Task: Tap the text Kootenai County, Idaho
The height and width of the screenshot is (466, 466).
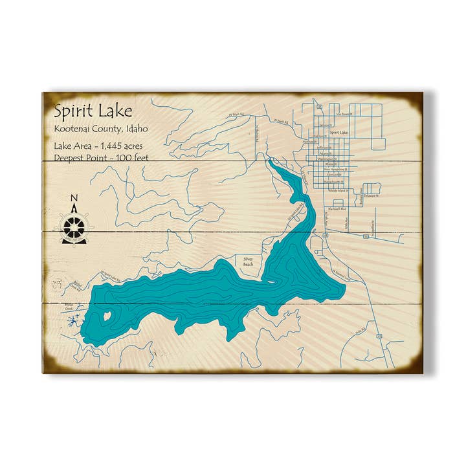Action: click(101, 129)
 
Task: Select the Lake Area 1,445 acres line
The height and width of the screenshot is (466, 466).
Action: click(98, 146)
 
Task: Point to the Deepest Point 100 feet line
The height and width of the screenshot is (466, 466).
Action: click(98, 157)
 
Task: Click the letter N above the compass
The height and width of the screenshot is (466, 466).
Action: click(74, 199)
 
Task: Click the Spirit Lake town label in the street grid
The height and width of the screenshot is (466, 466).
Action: click(338, 133)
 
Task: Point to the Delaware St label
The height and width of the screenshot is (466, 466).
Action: click(371, 194)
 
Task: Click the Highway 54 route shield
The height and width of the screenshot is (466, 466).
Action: click(365, 237)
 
